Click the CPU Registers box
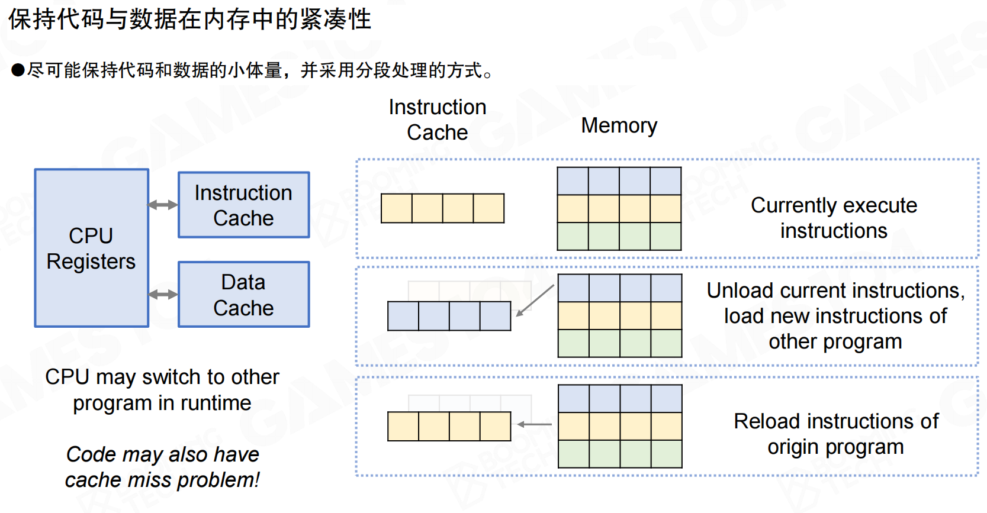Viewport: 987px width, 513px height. (x=92, y=248)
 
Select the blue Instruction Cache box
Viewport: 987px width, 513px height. (x=244, y=205)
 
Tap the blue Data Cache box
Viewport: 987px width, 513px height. (x=244, y=295)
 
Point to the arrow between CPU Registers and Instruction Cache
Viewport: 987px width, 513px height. (x=163, y=205)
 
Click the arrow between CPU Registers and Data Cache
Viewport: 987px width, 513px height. (x=163, y=295)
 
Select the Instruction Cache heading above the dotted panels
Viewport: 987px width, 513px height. (x=438, y=120)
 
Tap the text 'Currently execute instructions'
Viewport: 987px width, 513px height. (x=834, y=218)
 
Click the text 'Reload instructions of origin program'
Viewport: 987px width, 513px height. (x=836, y=434)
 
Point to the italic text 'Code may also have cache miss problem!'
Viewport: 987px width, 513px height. (x=162, y=467)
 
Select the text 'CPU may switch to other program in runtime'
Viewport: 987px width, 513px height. (x=162, y=390)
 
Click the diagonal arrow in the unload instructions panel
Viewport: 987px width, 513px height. (x=535, y=301)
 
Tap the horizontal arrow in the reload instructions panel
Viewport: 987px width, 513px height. (x=535, y=424)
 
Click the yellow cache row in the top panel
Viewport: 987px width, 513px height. (x=442, y=208)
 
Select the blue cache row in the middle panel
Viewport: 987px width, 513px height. (x=449, y=316)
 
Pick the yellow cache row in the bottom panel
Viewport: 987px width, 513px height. (x=449, y=426)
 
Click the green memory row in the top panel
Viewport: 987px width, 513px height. (x=619, y=237)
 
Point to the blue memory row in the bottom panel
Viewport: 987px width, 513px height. (x=620, y=399)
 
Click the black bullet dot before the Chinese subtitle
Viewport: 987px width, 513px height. (x=18, y=70)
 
